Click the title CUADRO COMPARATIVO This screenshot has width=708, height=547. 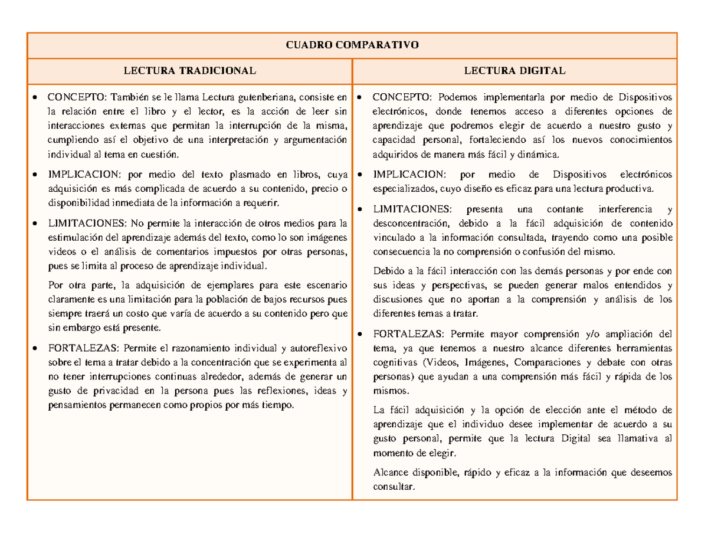tap(352, 45)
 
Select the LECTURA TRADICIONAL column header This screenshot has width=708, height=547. tap(189, 71)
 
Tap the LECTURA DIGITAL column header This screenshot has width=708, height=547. tap(514, 71)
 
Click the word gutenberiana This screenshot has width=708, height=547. tap(266, 97)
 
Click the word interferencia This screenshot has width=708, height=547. tap(617, 209)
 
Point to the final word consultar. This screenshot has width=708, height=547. tap(395, 487)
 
